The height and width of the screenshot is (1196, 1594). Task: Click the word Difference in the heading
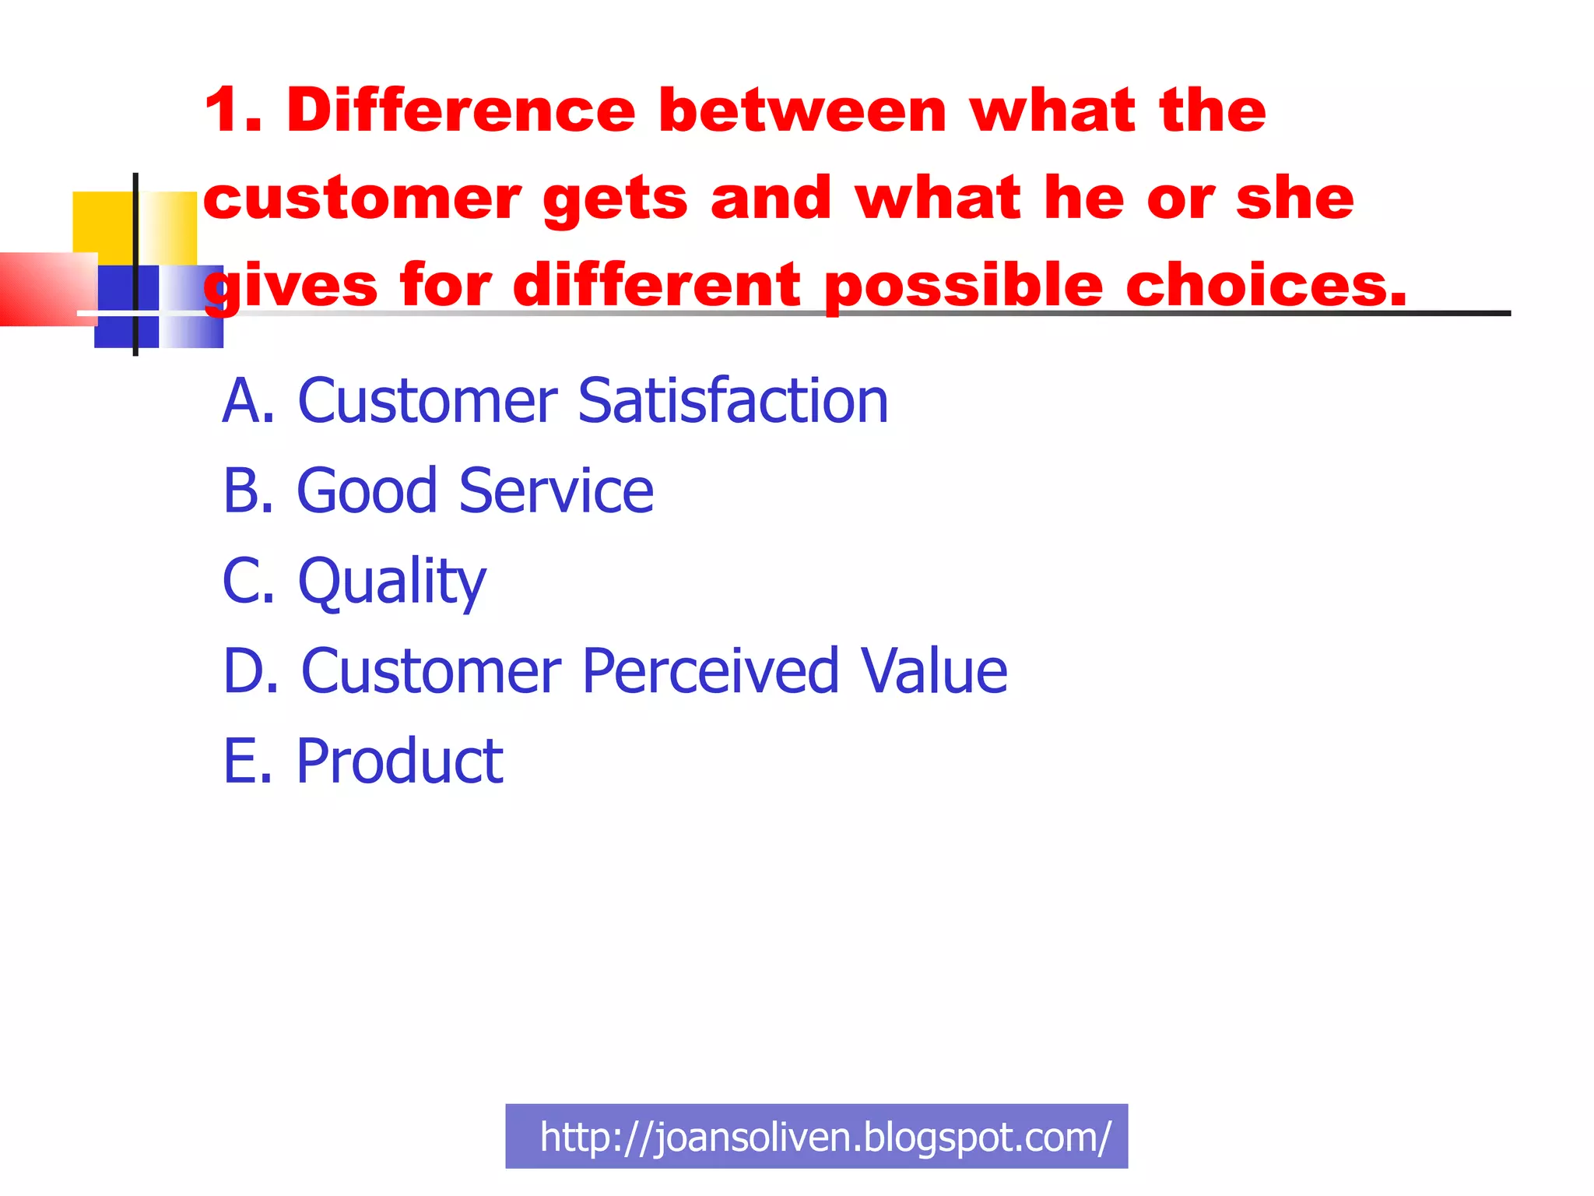(x=461, y=111)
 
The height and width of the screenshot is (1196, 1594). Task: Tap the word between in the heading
(x=802, y=111)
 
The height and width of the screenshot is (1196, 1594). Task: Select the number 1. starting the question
(x=233, y=111)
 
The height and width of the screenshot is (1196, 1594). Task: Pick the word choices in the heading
(x=1266, y=285)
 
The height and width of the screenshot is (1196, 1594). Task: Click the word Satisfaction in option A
(x=732, y=401)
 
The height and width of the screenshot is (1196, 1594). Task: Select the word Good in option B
(x=367, y=491)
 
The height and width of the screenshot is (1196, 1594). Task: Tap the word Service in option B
(x=556, y=491)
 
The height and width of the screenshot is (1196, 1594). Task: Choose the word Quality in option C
(x=392, y=582)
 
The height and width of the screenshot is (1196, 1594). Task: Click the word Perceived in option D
(x=711, y=671)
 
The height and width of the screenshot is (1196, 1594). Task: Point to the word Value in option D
(x=934, y=671)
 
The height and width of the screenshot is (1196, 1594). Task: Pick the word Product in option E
(x=400, y=762)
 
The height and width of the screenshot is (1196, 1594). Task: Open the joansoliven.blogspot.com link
(x=825, y=1137)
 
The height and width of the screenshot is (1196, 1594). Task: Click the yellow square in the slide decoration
(x=104, y=223)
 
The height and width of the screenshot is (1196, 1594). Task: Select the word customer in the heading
(x=362, y=199)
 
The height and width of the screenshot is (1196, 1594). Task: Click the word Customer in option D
(x=431, y=671)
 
